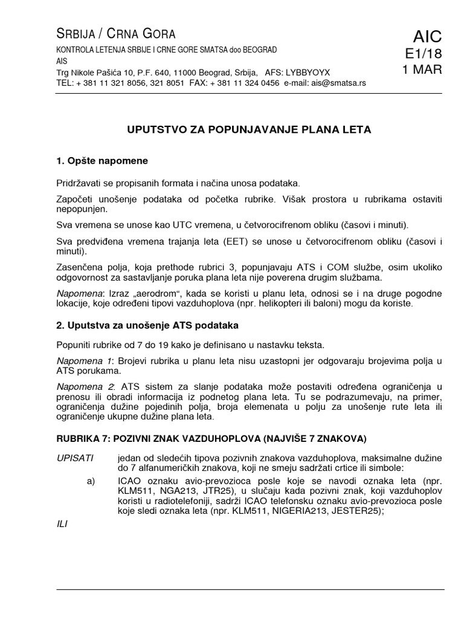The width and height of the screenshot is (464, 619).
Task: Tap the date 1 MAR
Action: tap(422, 70)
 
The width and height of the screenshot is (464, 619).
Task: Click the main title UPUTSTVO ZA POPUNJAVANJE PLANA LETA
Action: tap(248, 129)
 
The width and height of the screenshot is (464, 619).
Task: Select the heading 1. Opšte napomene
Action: tap(101, 161)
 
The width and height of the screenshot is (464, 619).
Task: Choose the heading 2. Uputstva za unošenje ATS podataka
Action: tap(147, 325)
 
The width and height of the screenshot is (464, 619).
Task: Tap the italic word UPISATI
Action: tap(74, 458)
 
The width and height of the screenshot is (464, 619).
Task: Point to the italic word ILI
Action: tap(62, 524)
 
